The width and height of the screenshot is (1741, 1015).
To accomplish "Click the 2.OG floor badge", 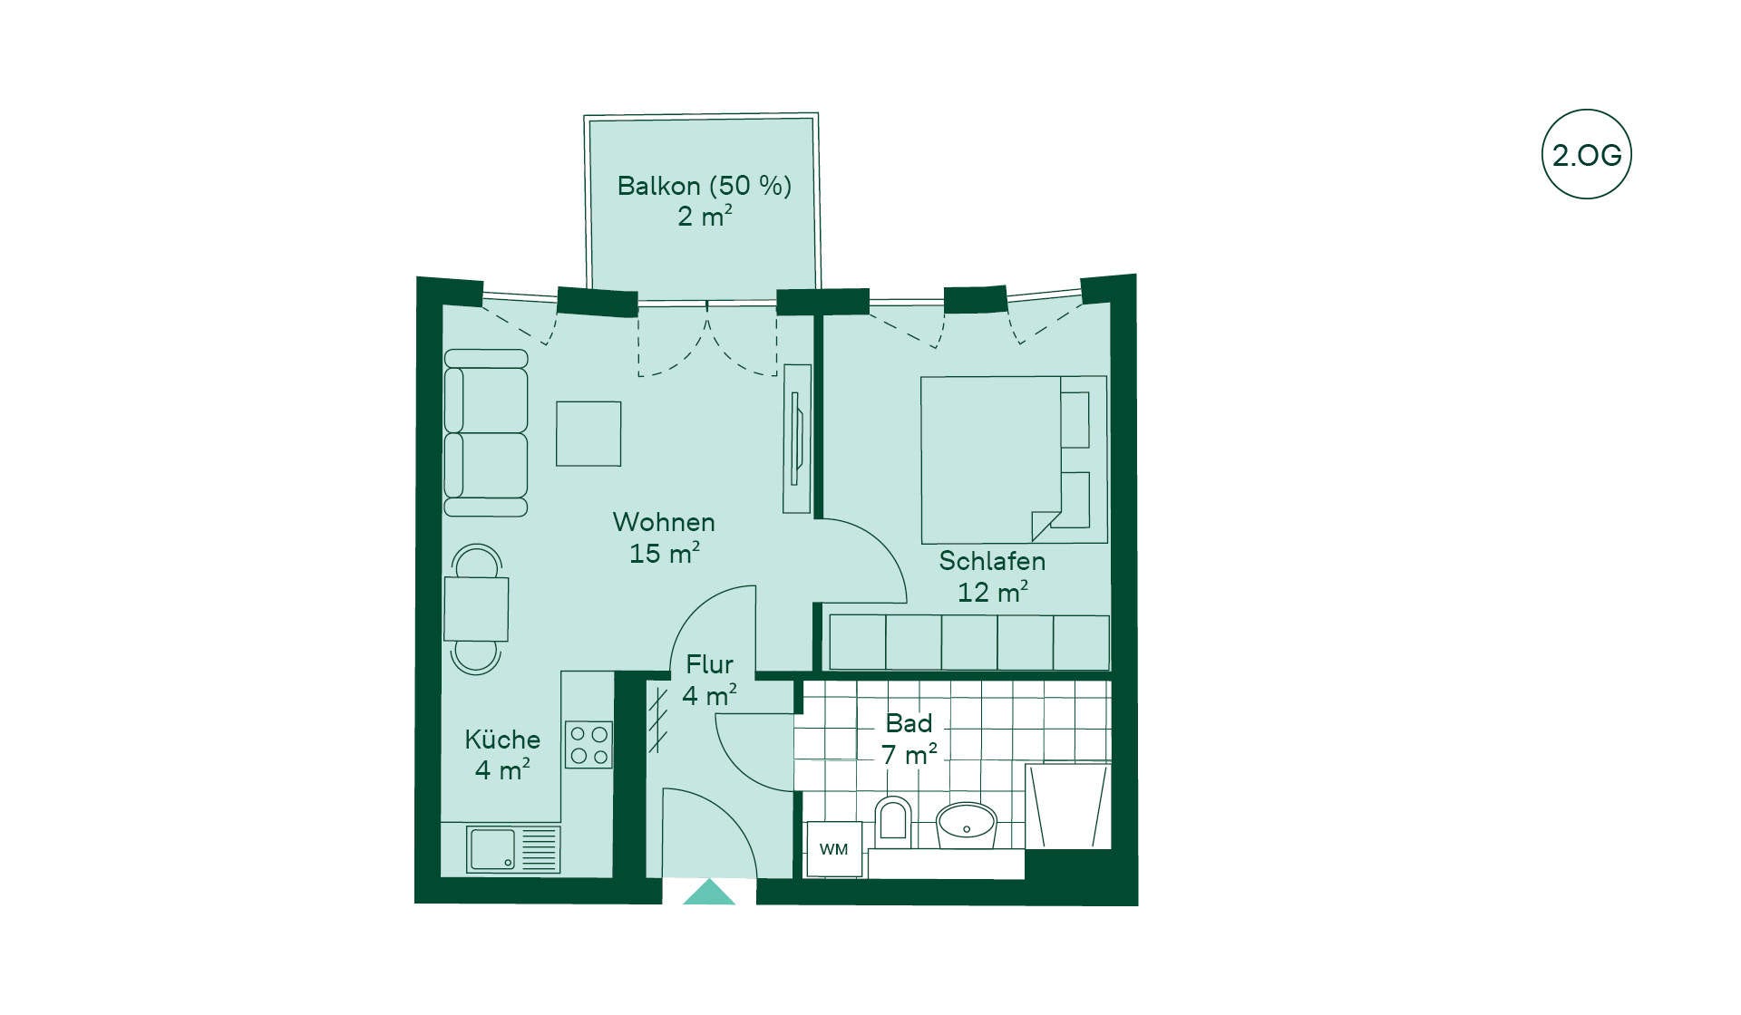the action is tap(1586, 154).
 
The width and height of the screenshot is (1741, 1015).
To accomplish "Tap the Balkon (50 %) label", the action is tap(705, 186).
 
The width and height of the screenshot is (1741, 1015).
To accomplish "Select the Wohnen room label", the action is tap(664, 522).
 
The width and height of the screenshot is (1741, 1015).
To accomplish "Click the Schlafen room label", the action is tap(992, 561).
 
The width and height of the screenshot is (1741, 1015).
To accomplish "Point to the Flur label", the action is tap(709, 664).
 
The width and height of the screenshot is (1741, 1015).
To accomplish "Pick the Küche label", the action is tap(502, 739).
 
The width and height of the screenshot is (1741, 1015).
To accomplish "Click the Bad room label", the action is tap(909, 723).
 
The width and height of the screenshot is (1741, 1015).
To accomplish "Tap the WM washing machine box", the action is tap(834, 849).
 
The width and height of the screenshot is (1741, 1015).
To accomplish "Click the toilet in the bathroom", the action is tap(893, 820).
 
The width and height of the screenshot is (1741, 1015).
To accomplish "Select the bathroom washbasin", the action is tap(967, 825).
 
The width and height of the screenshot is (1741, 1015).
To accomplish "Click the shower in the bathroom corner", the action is tap(1068, 806).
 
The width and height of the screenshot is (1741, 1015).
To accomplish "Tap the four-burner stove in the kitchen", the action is tap(588, 744).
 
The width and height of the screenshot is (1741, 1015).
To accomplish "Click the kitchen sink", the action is tap(513, 849).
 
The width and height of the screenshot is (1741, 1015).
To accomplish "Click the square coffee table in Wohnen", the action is tap(588, 434).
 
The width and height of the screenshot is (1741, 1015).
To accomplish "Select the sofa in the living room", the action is tap(486, 432).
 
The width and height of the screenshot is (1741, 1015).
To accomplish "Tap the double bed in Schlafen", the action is tap(1014, 459).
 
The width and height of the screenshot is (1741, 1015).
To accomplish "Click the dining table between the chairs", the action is tap(476, 609).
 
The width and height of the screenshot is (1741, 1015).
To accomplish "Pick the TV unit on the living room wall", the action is tap(797, 439).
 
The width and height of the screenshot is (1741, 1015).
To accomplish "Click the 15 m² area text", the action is tap(665, 553).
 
